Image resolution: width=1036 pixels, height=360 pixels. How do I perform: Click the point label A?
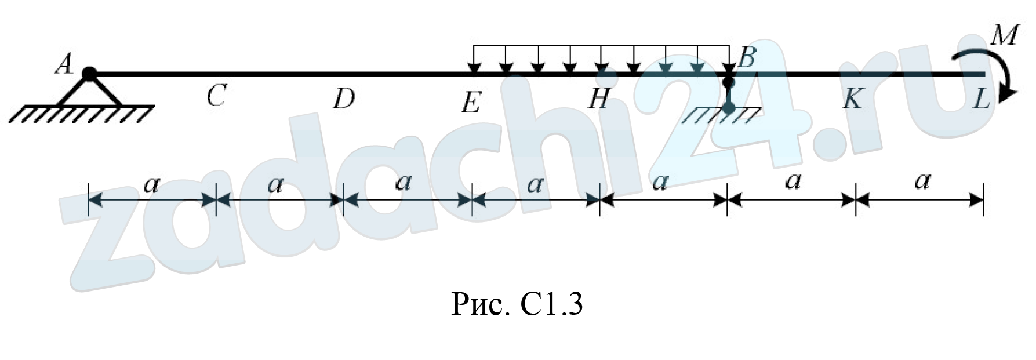64,64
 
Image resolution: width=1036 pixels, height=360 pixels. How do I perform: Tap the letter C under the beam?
216,96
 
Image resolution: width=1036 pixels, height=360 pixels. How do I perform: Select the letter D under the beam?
344,99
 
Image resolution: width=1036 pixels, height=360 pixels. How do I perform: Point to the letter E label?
471,103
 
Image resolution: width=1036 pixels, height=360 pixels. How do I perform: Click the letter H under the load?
598,99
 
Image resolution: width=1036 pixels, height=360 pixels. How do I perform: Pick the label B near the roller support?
747,57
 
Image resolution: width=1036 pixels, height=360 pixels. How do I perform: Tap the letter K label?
852,99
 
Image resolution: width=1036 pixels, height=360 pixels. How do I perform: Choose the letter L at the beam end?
981,99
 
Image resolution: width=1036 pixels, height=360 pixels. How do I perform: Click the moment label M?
1004,35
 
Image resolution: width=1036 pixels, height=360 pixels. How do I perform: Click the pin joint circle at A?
89,74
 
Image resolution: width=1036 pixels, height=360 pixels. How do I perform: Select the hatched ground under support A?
81,114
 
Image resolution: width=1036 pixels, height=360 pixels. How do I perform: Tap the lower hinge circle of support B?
729,107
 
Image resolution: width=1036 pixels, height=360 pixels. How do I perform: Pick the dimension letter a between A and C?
151,184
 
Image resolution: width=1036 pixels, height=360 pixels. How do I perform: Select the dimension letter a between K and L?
922,181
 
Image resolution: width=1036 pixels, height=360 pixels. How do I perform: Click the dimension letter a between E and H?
535,184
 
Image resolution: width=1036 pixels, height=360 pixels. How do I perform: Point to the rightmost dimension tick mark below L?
983,200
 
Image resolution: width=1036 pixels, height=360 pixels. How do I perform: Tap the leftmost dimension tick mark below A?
89,200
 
